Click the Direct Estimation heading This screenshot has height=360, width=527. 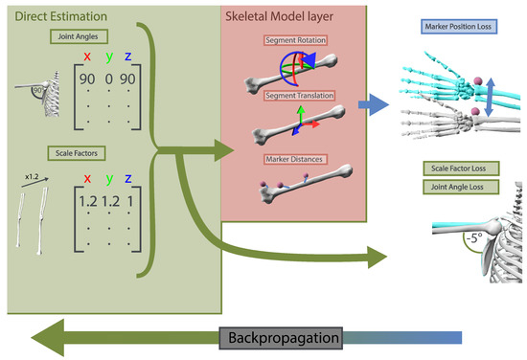(58, 15)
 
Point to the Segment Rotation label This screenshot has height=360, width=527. (296, 42)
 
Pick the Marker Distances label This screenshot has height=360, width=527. (296, 158)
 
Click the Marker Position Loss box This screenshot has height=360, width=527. (455, 26)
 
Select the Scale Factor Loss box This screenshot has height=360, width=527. (457, 168)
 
